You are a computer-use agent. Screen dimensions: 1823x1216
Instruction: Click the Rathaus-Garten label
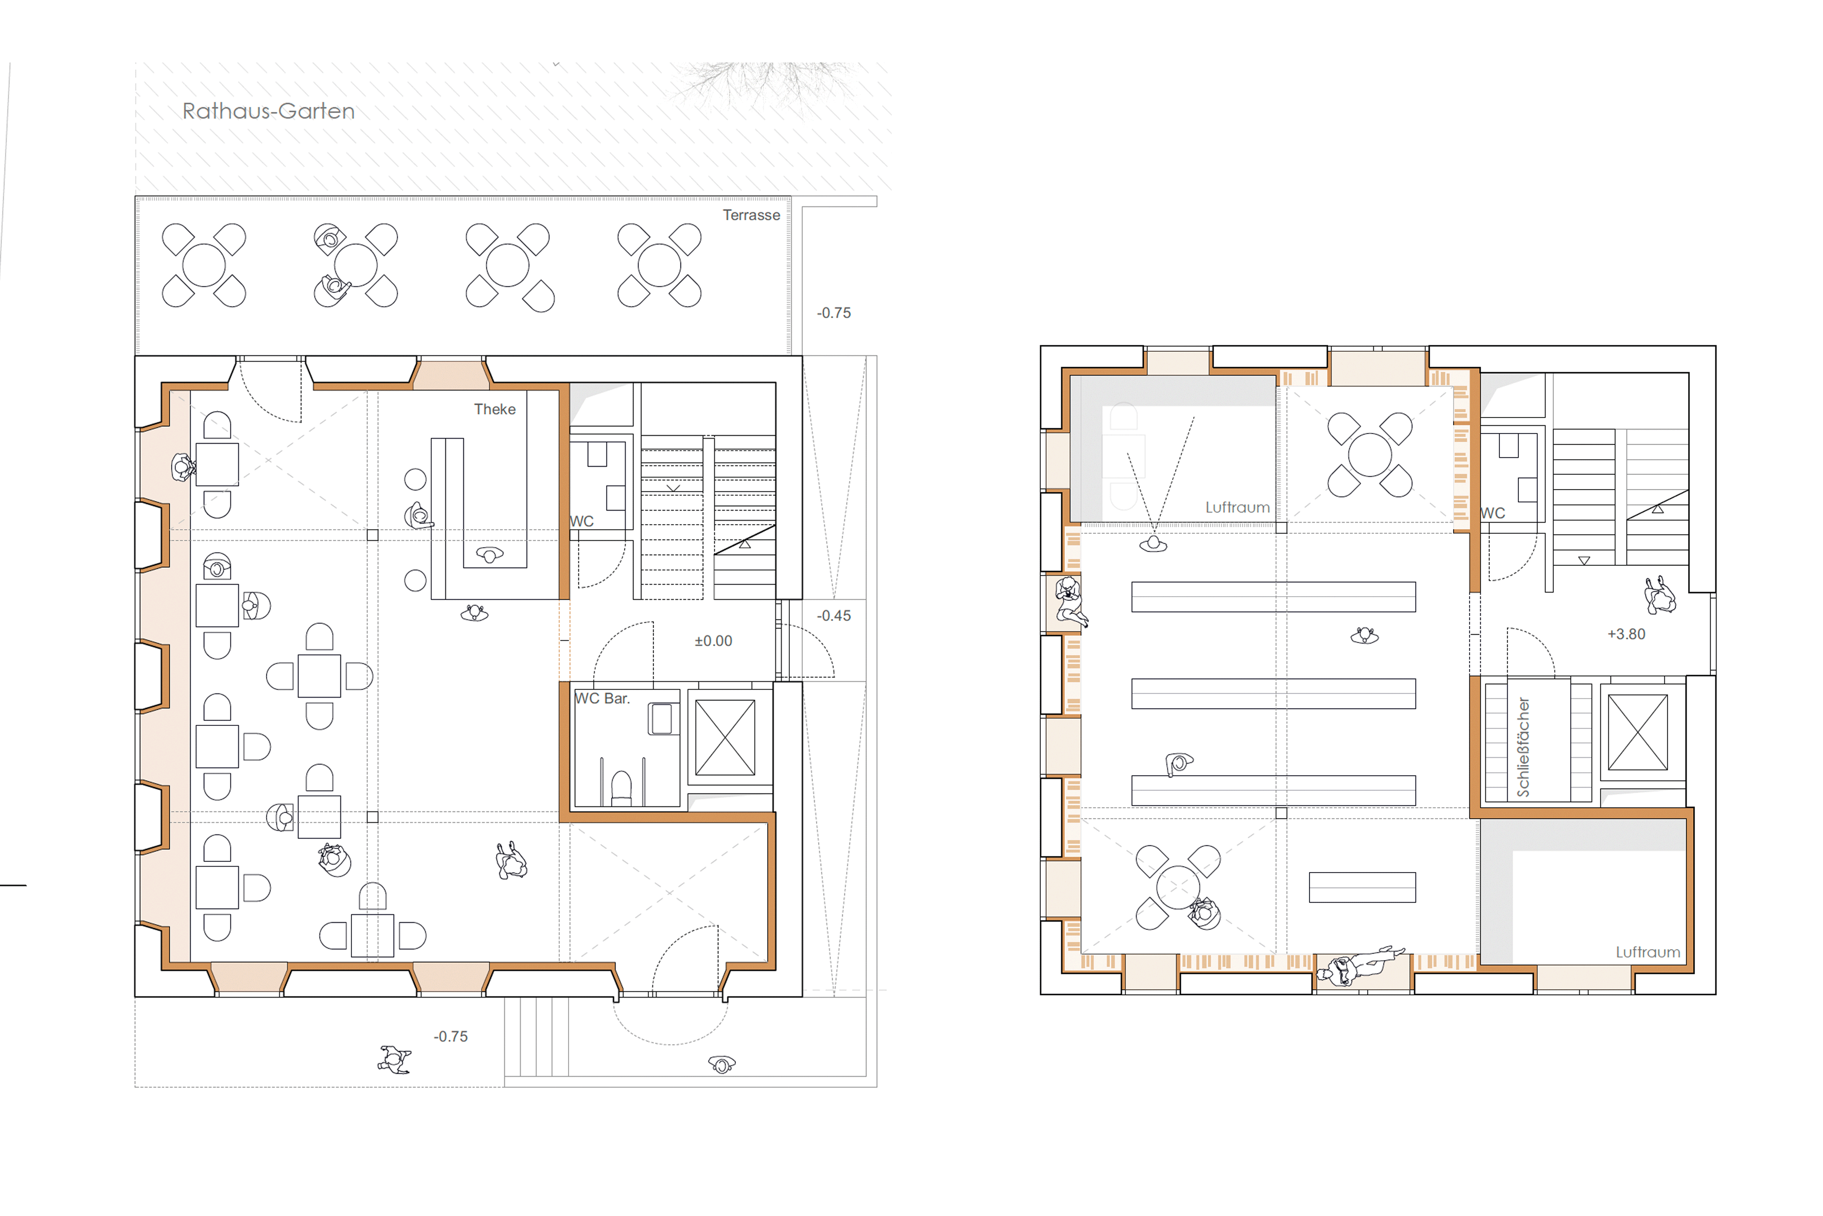pos(268,111)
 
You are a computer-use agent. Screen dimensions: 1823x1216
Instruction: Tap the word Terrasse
pos(751,215)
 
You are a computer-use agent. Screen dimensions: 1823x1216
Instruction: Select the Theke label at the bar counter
pos(494,409)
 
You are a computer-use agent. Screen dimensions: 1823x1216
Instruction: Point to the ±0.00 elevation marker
pos(713,640)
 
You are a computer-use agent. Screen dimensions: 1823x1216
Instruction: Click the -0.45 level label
pos(833,616)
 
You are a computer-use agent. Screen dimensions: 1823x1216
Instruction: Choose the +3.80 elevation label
pos(1626,634)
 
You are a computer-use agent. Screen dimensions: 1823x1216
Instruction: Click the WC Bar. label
pos(602,698)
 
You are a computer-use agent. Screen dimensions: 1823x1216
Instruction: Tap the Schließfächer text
pos(1523,747)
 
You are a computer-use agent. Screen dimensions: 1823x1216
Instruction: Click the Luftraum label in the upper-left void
pos(1237,507)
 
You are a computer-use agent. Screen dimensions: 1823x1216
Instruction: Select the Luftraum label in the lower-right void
pos(1648,951)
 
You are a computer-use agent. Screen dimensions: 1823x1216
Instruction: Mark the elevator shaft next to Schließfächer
pos(1638,732)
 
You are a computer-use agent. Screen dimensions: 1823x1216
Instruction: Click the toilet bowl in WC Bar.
pos(622,788)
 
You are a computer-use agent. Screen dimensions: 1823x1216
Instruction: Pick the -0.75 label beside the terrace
pos(833,312)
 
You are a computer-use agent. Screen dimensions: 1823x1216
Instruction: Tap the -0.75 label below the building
pos(450,1036)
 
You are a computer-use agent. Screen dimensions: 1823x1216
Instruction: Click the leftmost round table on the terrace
pos(204,265)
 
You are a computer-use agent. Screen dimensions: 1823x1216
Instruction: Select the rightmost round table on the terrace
pos(659,265)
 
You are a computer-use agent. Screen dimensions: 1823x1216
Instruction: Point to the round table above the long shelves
pos(1370,455)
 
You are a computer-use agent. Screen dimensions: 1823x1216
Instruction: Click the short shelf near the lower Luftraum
pos(1362,887)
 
